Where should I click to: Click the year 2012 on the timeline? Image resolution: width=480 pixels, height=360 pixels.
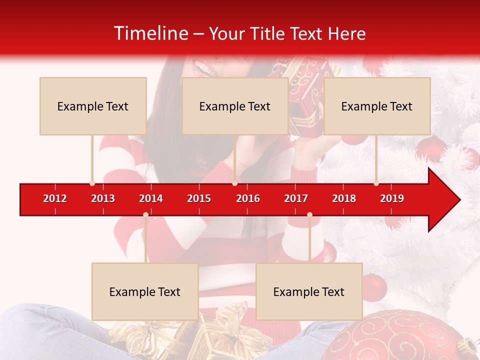click(x=55, y=198)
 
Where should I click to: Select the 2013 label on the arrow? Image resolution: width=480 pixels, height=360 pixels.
click(x=103, y=198)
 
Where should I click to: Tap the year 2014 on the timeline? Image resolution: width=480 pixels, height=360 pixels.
click(x=151, y=198)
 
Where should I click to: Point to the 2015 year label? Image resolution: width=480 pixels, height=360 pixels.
click(x=199, y=198)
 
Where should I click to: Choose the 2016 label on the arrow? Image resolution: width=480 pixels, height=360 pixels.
click(x=248, y=198)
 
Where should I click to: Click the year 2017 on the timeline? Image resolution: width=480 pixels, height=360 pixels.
click(x=296, y=198)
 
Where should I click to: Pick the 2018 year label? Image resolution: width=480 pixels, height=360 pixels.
click(x=344, y=198)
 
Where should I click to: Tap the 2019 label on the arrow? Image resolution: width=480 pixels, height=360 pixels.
click(x=392, y=198)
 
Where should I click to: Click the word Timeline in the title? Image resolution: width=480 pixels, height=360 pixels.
click(x=150, y=33)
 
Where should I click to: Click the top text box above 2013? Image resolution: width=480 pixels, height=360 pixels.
click(x=93, y=106)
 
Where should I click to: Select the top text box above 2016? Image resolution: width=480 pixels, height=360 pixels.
click(x=235, y=106)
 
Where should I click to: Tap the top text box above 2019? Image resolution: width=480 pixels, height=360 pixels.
click(x=377, y=106)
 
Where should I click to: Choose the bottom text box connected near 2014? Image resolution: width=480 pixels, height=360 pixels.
click(x=145, y=291)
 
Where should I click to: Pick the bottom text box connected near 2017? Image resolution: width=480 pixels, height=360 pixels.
click(x=309, y=291)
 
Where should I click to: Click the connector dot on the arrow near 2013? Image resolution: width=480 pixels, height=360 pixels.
click(x=92, y=183)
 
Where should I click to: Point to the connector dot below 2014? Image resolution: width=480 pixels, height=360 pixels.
click(x=145, y=214)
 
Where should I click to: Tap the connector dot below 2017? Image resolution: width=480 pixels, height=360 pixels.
click(x=309, y=214)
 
